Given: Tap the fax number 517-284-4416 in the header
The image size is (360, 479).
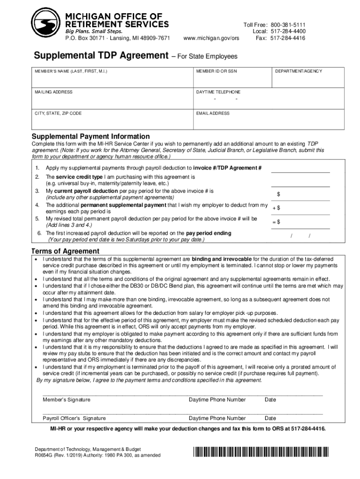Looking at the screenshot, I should [x=288, y=38].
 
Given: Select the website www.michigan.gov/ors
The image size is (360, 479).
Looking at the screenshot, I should [x=211, y=38].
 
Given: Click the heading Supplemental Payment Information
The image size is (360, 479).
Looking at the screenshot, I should [x=90, y=136].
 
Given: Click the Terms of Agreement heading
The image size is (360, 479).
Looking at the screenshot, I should [x=65, y=251].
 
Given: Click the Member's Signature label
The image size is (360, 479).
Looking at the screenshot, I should [x=67, y=400].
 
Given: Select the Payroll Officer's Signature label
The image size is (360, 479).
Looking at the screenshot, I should [x=74, y=418].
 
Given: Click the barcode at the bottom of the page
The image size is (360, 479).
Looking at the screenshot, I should [x=261, y=452].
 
